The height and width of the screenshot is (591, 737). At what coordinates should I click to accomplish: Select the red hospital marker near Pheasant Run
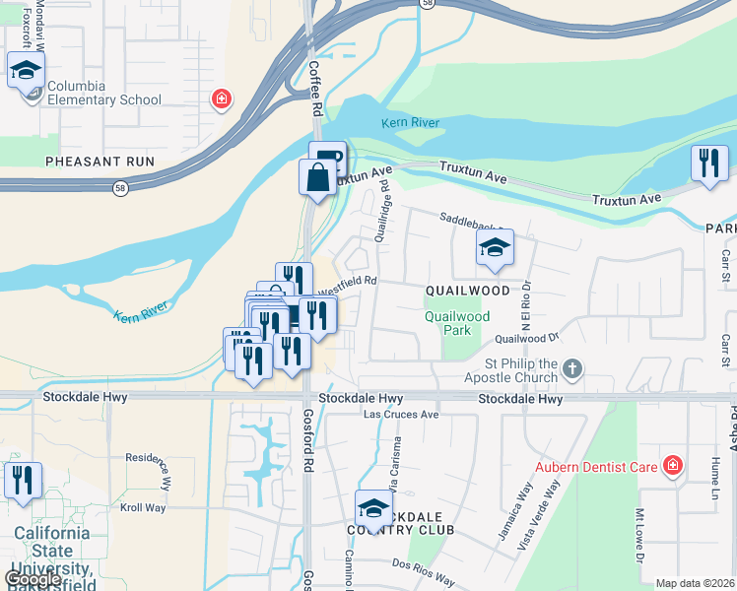pos(223,98)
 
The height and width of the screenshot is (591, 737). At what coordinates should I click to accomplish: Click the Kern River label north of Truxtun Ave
pos(411,123)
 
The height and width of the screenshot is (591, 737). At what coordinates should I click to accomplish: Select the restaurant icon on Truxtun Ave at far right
pos(708,164)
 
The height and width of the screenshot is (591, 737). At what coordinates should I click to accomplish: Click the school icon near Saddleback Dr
pos(495,248)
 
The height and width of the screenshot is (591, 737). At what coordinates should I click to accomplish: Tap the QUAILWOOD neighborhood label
pos(468,291)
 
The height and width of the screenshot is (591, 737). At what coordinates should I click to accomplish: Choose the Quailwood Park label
pos(457,324)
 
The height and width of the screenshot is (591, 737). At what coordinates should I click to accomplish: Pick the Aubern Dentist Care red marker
pos(673,465)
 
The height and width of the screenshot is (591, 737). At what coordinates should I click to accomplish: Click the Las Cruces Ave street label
pos(401,415)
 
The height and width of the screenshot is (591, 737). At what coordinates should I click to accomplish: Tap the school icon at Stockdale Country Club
pos(373,509)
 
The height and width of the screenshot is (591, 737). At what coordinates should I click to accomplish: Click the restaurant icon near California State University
pos(23,482)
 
